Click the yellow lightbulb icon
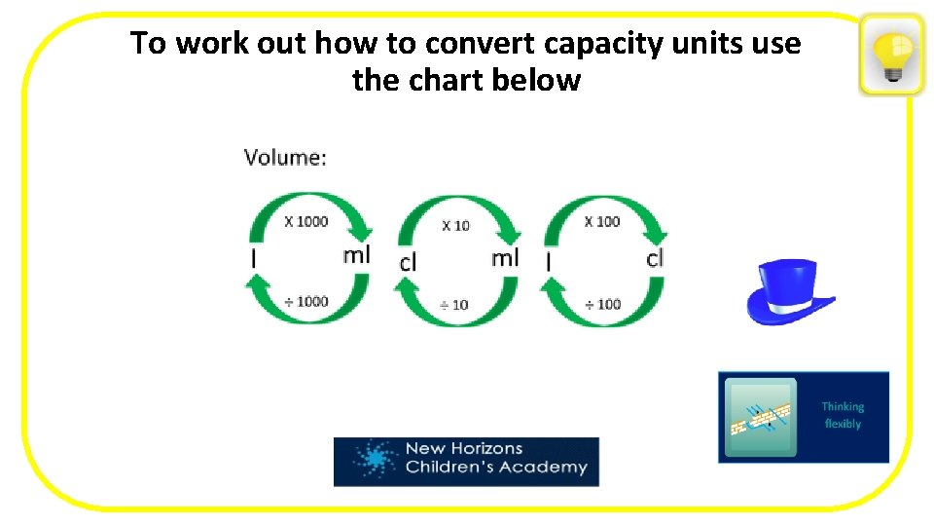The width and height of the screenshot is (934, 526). (x=891, y=55)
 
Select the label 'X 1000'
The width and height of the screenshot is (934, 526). (x=306, y=221)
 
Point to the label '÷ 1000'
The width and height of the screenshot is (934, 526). (x=306, y=301)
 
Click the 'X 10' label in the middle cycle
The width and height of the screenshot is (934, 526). (x=455, y=225)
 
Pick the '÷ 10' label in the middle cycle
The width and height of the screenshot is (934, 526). (x=452, y=304)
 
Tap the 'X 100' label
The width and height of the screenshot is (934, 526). (x=602, y=221)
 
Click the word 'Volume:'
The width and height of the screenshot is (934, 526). (x=285, y=157)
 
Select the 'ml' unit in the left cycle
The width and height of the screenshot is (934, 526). (x=356, y=255)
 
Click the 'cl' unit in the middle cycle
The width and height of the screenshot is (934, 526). (x=409, y=262)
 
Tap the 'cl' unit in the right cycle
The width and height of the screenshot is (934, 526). (x=655, y=257)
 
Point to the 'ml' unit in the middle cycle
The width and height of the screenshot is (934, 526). (x=505, y=257)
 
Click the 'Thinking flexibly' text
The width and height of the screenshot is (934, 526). (x=843, y=415)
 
